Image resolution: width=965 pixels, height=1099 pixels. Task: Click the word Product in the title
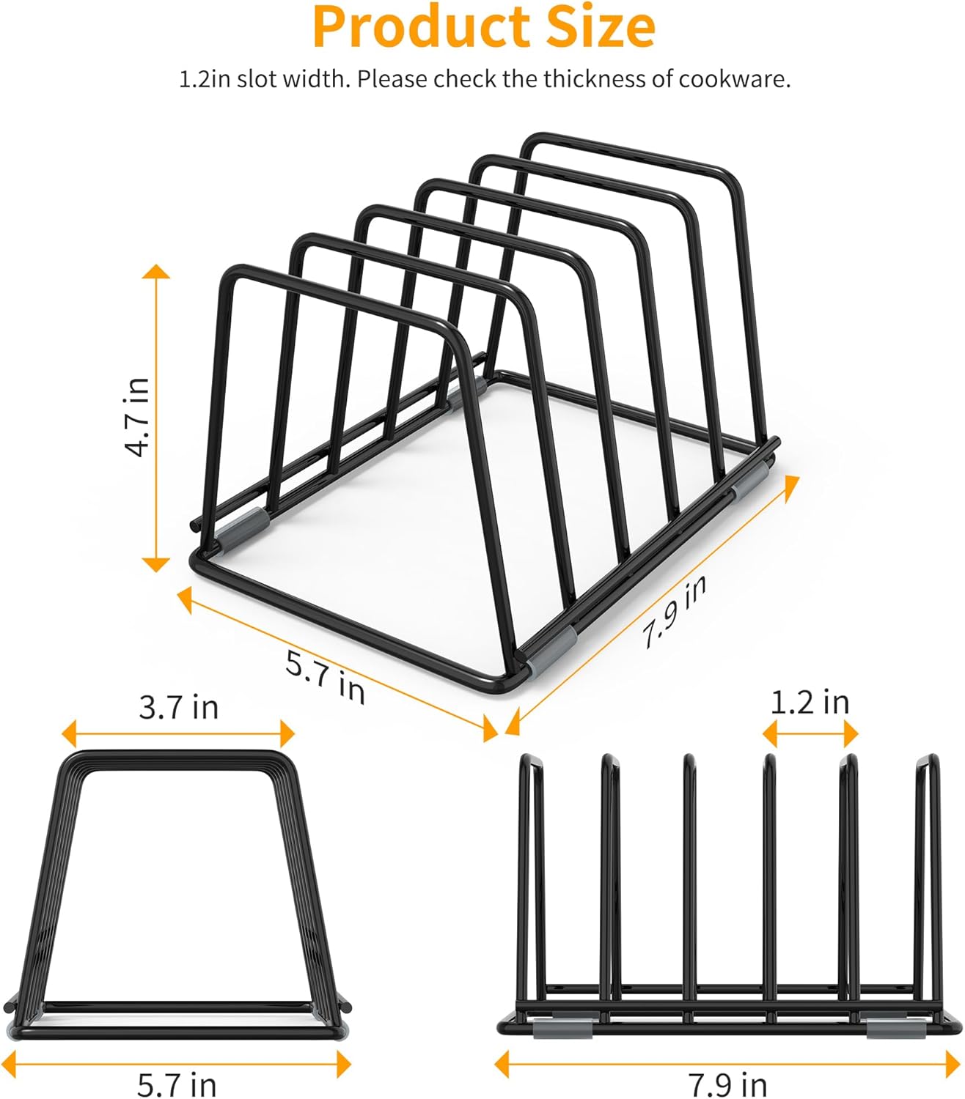pos(421,28)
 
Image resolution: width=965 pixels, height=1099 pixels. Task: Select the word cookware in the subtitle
pos(734,79)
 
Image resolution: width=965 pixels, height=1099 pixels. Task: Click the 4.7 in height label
pos(136,417)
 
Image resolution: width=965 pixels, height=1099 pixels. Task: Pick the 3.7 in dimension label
pos(179,707)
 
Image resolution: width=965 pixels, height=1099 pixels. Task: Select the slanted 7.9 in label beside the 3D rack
pos(675,611)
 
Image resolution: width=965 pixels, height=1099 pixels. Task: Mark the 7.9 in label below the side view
pos(727,1084)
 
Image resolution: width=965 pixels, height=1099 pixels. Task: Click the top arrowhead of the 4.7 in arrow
pos(156,272)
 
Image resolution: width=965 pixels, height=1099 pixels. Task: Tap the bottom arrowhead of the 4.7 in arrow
pos(156,564)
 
